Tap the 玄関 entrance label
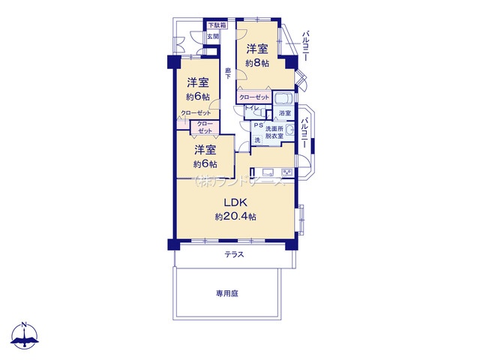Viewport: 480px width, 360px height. [x=213, y=36]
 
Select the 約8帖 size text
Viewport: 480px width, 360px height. [x=256, y=64]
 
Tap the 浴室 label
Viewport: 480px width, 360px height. [x=284, y=113]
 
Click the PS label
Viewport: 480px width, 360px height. [x=256, y=125]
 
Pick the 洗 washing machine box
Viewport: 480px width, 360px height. [x=257, y=139]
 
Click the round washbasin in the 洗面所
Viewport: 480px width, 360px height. [x=289, y=130]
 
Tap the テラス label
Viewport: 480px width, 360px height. [x=234, y=255]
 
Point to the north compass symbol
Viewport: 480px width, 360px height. [x=25, y=336]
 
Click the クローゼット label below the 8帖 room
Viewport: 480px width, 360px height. [x=253, y=97]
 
